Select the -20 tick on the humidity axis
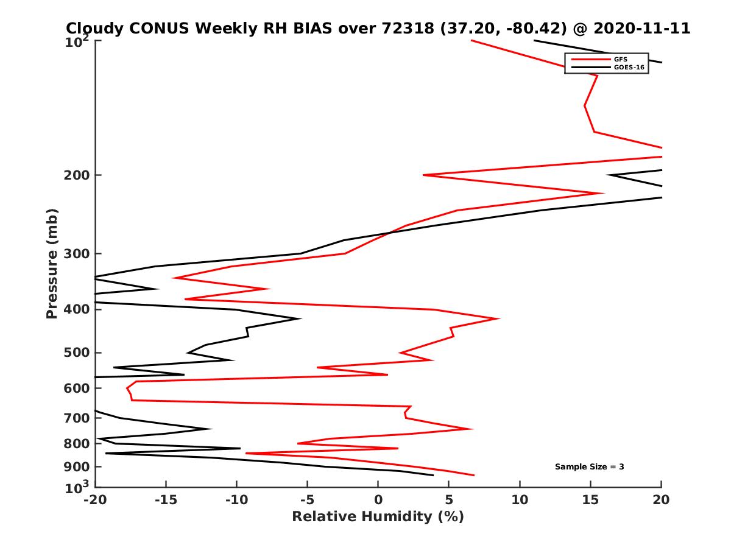(x=94, y=500)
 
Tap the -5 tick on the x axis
(x=307, y=500)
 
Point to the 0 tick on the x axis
(x=378, y=500)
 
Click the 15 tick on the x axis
(x=590, y=500)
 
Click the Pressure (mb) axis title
(x=52, y=263)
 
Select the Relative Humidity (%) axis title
(x=378, y=517)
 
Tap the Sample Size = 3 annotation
(x=589, y=467)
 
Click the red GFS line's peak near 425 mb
(x=500, y=318)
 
